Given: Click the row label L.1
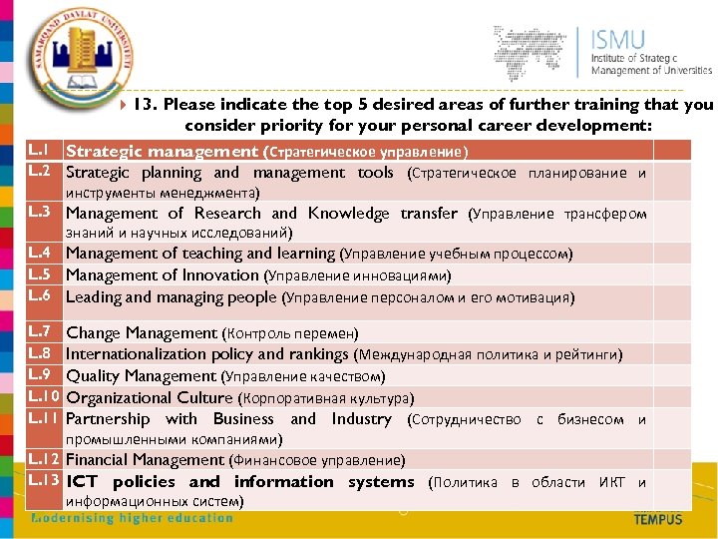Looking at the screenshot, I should (x=39, y=150).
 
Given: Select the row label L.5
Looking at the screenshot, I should (x=39, y=274).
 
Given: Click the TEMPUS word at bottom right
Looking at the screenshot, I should (x=658, y=519).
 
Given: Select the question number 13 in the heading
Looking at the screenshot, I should (x=144, y=105).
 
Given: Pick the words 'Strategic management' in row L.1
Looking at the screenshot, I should (x=162, y=151).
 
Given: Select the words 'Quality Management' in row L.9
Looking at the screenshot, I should (x=141, y=376).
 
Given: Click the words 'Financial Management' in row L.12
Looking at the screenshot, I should (x=145, y=460).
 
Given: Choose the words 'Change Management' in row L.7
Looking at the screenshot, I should (x=141, y=333).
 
